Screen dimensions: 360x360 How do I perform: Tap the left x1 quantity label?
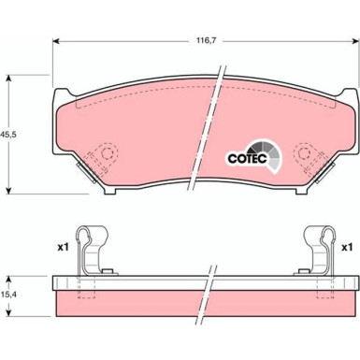[64, 248]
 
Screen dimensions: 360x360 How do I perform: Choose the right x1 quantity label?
[346, 248]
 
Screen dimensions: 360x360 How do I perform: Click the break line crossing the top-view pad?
[214, 131]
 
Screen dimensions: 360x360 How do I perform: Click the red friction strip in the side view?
[140, 303]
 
